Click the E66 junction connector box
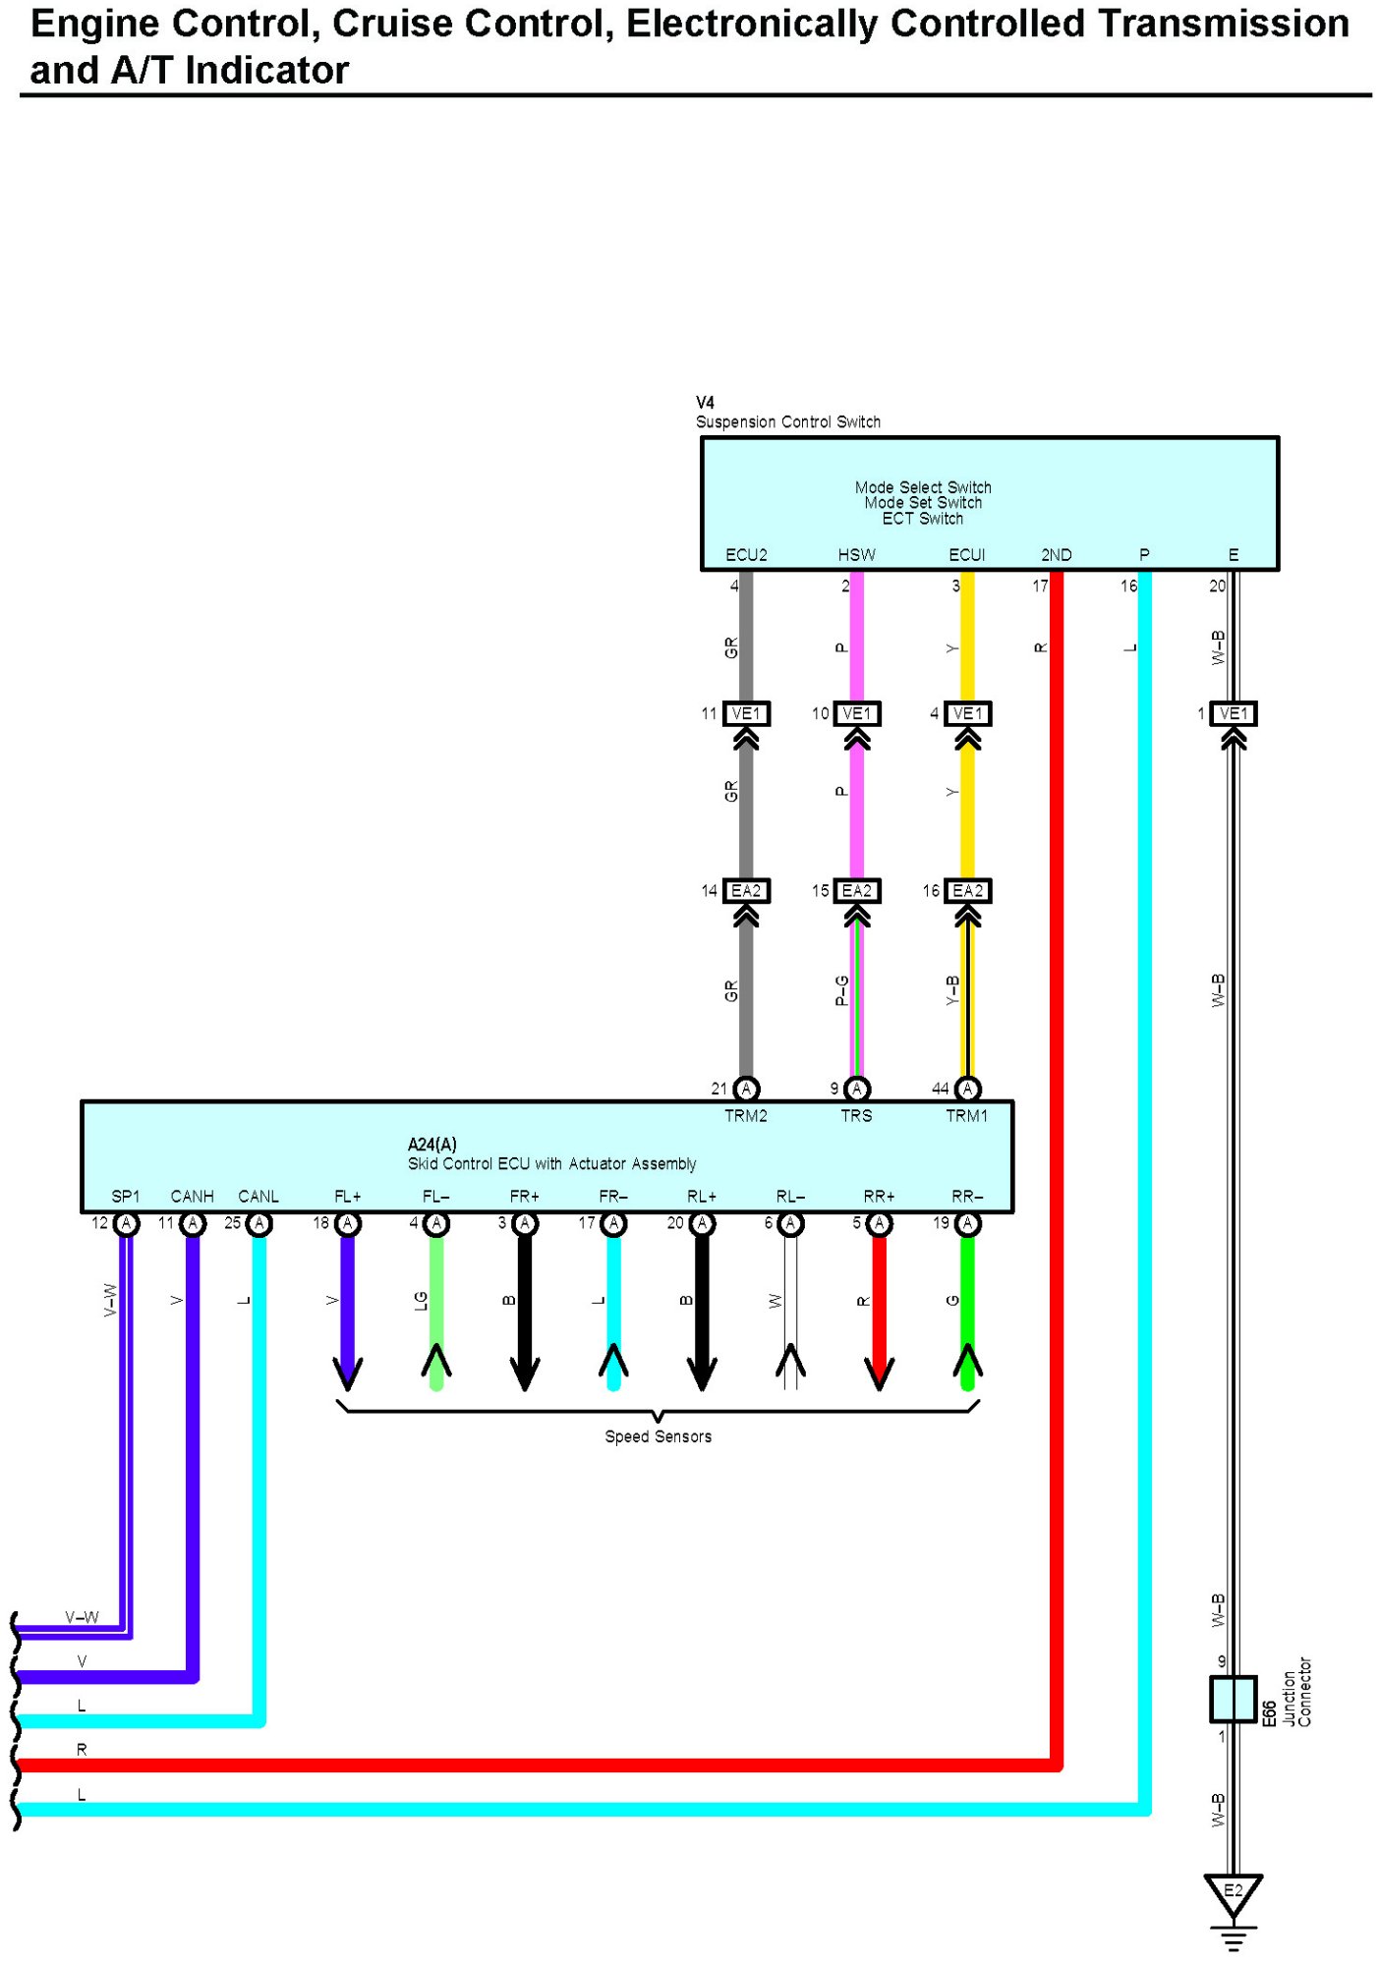(1233, 1699)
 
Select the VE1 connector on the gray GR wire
(746, 713)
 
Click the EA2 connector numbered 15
(856, 891)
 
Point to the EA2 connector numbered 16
(967, 891)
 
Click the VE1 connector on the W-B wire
(1234, 713)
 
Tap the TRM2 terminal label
(746, 1116)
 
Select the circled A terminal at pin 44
(967, 1089)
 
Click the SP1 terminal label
(126, 1197)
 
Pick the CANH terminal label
(193, 1197)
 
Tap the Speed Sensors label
(658, 1436)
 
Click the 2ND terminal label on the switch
(1057, 555)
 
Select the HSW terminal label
(856, 555)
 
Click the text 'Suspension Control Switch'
(788, 422)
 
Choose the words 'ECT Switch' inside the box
(923, 519)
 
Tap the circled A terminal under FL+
(348, 1223)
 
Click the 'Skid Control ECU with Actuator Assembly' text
(552, 1164)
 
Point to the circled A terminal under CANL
(259, 1223)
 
